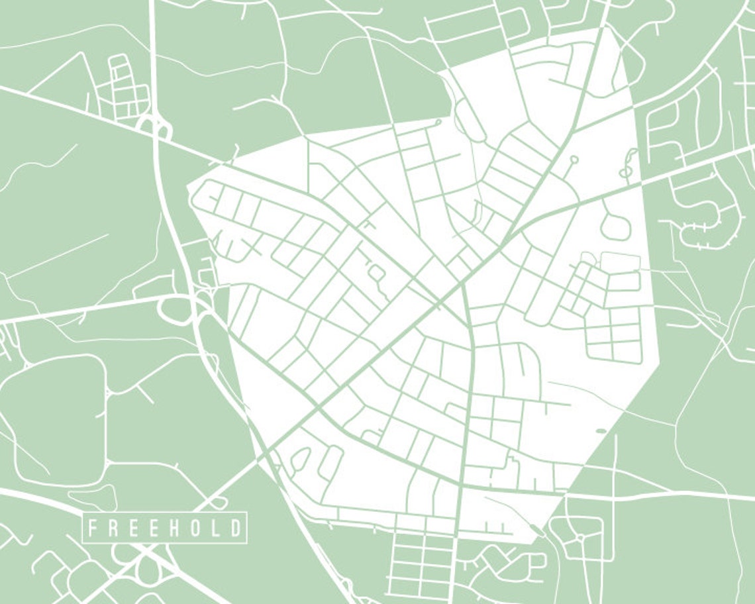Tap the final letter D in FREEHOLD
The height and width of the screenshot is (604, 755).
(236, 528)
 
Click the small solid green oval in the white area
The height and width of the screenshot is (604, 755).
(601, 431)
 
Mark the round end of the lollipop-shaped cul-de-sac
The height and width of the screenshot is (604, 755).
(574, 159)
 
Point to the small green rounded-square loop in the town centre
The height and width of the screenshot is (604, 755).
(376, 272)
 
